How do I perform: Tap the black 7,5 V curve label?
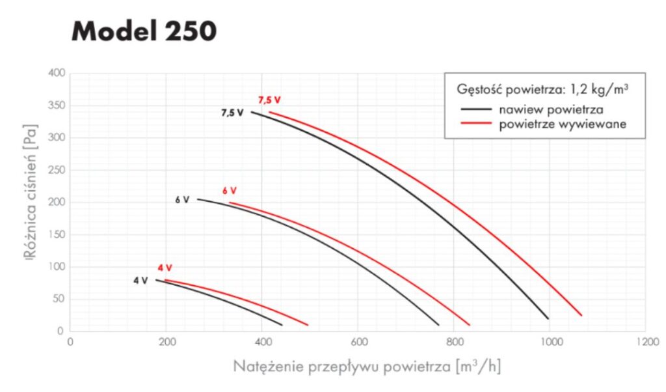[232, 113]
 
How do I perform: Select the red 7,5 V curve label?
[269, 100]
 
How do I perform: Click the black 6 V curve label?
[182, 200]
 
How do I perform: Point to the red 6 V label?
[229, 191]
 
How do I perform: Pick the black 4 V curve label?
[140, 281]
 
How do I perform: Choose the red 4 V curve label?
[165, 268]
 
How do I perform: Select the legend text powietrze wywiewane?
[563, 124]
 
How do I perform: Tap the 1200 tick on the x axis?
[645, 341]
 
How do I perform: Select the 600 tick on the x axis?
[358, 341]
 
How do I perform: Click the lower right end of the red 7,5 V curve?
[581, 315]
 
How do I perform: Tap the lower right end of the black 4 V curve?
[282, 324]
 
